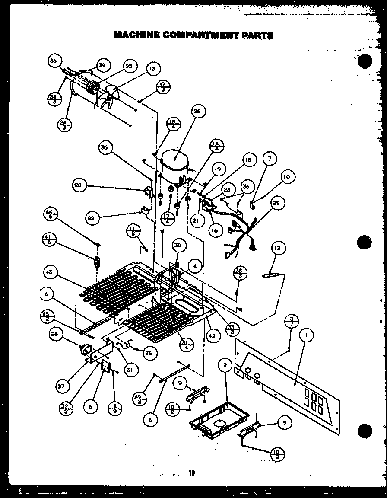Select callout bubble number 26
[197, 112]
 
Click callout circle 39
[102, 65]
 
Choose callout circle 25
[129, 66]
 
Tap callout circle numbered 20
[78, 186]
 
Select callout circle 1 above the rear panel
[306, 335]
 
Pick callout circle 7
[269, 159]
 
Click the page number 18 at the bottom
[191, 472]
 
